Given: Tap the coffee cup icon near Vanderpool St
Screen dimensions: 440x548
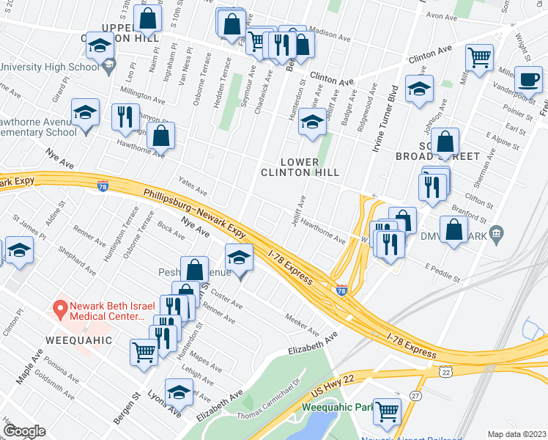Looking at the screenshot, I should pyautogui.click(x=527, y=78).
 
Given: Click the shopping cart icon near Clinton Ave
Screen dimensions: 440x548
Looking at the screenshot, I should pyautogui.click(x=478, y=56).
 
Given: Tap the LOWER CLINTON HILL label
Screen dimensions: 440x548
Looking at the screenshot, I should pyautogui.click(x=301, y=166).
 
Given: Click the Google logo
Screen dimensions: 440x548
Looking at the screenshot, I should pyautogui.click(x=25, y=431).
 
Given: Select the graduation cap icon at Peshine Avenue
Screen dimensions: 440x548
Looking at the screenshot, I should pyautogui.click(x=238, y=258).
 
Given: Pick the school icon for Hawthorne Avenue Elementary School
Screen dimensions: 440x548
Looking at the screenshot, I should pyautogui.click(x=86, y=113).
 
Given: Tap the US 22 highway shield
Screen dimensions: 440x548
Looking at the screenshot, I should pyautogui.click(x=445, y=373).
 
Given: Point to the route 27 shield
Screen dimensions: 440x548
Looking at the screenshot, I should pyautogui.click(x=415, y=396).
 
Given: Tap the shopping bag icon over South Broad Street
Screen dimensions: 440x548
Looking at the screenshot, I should pyautogui.click(x=444, y=142).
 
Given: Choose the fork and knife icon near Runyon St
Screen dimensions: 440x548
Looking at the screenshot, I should pyautogui.click(x=125, y=117).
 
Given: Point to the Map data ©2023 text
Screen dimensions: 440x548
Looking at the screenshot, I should pyautogui.click(x=516, y=434).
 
